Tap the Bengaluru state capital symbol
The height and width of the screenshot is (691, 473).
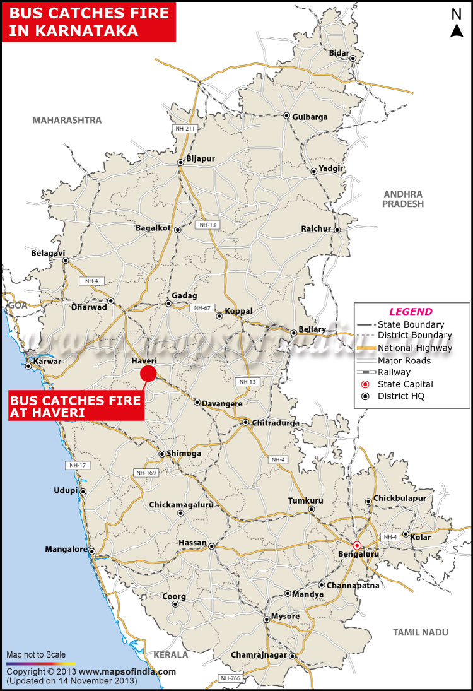(357, 545)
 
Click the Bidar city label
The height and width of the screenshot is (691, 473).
(339, 53)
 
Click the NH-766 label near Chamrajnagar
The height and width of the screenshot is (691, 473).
(230, 678)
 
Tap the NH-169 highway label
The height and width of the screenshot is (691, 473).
(146, 473)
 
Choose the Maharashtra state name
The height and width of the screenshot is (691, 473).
(67, 120)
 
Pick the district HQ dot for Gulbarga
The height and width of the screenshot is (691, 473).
(286, 116)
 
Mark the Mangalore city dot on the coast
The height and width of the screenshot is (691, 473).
(92, 552)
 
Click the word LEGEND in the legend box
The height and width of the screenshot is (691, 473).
(411, 311)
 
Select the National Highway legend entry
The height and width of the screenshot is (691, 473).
(414, 348)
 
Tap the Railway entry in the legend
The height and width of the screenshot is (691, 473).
(394, 372)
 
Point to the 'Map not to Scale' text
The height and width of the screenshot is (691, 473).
(36, 654)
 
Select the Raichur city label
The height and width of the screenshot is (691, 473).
(315, 228)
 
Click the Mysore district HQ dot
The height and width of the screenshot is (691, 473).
(267, 619)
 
